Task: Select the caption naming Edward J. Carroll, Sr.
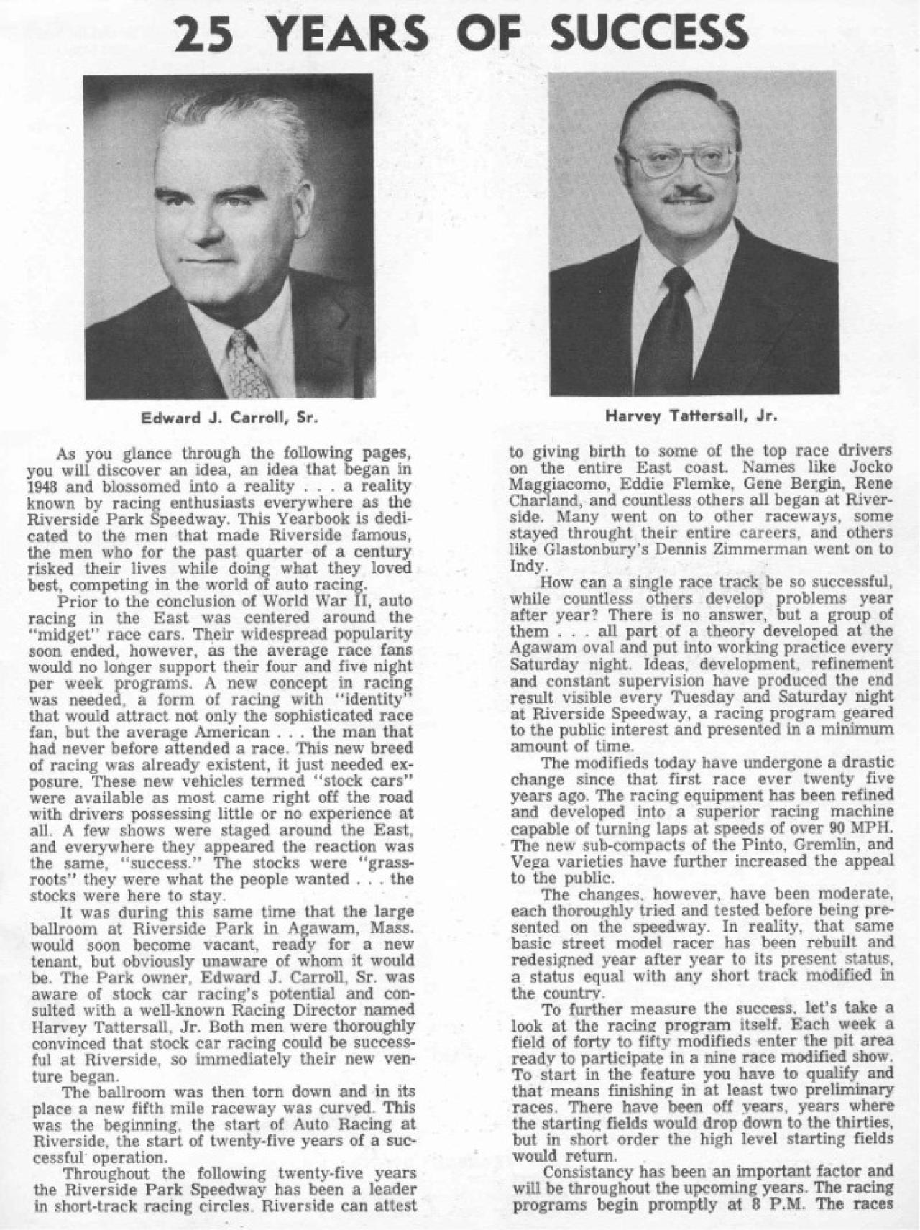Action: pos(229,417)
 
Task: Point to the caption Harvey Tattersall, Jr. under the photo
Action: pos(692,416)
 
